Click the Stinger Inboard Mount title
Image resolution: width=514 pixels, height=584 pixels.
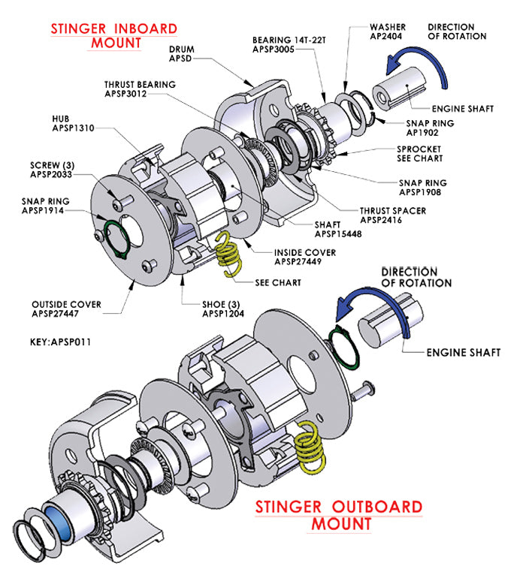pos(114,35)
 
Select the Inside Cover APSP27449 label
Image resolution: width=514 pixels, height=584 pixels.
pos(304,257)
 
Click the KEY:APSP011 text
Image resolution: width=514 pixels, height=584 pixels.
pos(59,341)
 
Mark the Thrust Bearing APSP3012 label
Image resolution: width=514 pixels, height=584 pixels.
pos(140,89)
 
